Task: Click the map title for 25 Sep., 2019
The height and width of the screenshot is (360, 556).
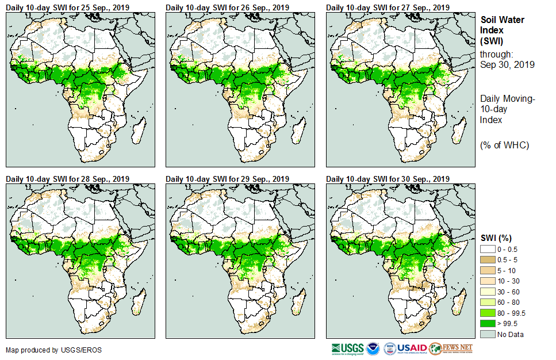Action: pos(68,7)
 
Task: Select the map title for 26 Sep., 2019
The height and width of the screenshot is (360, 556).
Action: pos(228,7)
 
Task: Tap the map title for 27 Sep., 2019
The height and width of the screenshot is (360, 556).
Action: pos(388,7)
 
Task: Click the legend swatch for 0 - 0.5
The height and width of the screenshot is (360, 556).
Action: pos(488,248)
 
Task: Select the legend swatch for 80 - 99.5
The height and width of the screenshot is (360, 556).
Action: pos(488,313)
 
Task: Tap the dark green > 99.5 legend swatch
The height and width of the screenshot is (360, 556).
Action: pos(488,324)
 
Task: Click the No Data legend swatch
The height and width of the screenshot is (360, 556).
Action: pos(488,334)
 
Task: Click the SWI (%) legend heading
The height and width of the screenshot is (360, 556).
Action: pos(496,238)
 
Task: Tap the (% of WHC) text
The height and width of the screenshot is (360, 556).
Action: pos(504,144)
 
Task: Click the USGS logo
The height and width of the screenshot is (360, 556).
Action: pos(347,348)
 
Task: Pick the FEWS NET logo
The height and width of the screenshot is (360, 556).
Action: pos(451,348)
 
